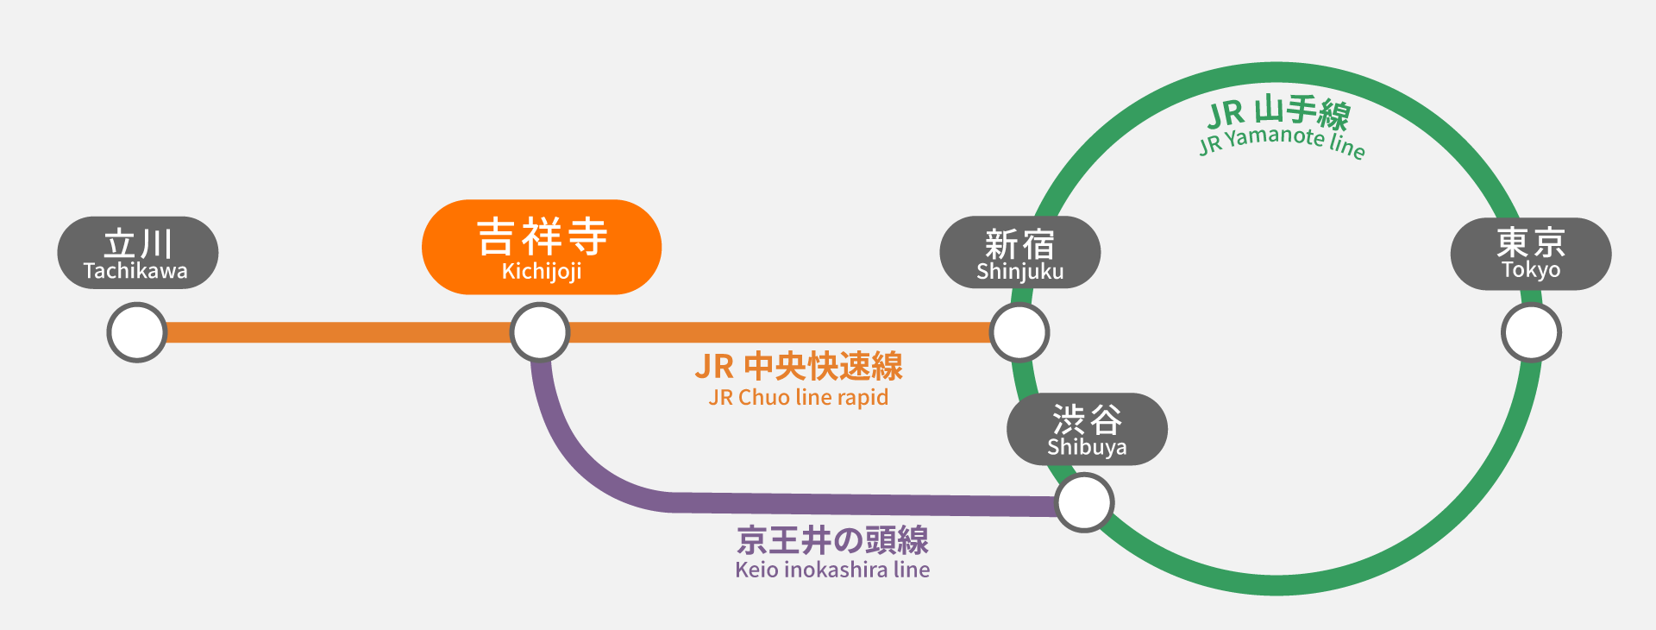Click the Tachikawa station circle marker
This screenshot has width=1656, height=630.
pyautogui.click(x=136, y=332)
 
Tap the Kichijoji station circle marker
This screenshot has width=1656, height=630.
pyautogui.click(x=540, y=332)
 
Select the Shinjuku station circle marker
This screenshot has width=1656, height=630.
pyautogui.click(x=1019, y=332)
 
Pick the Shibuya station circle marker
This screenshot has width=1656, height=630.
pyautogui.click(x=1085, y=502)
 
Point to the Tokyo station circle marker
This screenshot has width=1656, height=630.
pyautogui.click(x=1531, y=332)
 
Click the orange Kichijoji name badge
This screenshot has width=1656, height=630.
pyautogui.click(x=542, y=247)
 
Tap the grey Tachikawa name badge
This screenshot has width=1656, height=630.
pyautogui.click(x=137, y=252)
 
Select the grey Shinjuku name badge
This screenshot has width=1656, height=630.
pyautogui.click(x=1019, y=252)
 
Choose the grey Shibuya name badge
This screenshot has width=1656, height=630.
pyautogui.click(x=1087, y=429)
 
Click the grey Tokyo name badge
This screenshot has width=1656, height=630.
pyautogui.click(x=1531, y=253)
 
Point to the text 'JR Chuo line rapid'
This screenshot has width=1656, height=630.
pyautogui.click(x=799, y=398)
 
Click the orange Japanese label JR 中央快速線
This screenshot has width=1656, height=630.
pyautogui.click(x=799, y=366)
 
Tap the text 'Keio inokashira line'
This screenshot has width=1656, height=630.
pyautogui.click(x=832, y=570)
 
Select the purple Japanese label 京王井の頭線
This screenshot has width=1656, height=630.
pyautogui.click(x=832, y=540)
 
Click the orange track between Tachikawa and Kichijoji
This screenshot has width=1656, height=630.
pyautogui.click(x=336, y=332)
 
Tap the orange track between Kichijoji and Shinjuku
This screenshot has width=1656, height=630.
pyautogui.click(x=776, y=332)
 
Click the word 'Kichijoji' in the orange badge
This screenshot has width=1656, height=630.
pyautogui.click(x=542, y=271)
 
